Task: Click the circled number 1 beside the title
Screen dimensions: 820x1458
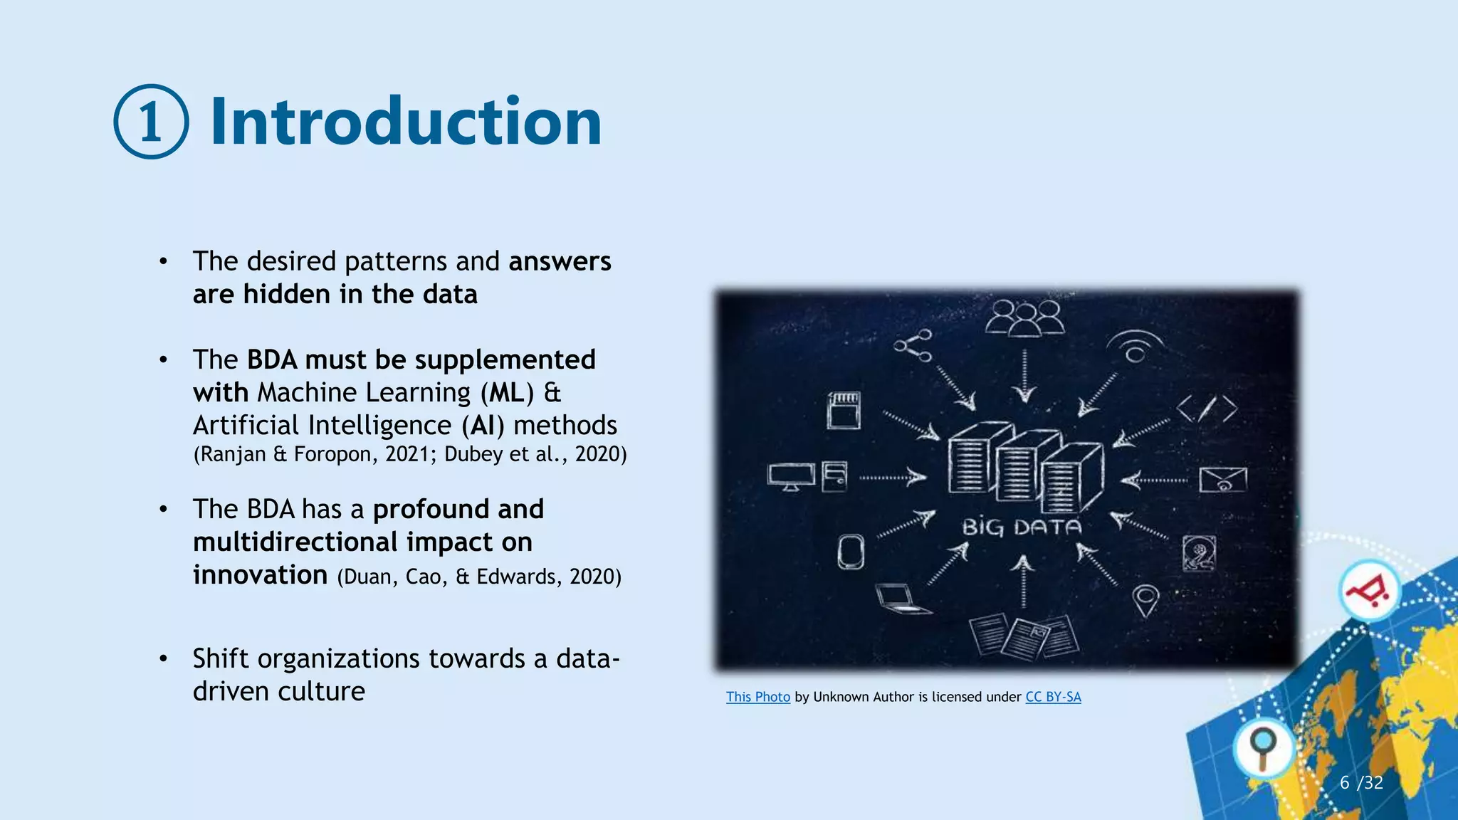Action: (151, 122)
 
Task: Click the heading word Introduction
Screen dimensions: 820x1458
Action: (406, 122)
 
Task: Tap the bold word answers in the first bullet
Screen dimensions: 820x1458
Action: (560, 261)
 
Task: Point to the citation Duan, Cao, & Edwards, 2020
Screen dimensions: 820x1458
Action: (479, 577)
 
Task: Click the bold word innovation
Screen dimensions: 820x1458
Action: (260, 574)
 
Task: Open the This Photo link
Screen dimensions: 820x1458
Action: (757, 697)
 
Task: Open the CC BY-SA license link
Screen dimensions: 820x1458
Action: (1053, 697)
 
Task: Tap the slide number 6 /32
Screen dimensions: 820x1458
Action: (1360, 783)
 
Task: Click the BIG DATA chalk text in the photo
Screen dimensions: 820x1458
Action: (1022, 527)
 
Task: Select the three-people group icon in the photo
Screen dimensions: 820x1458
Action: (1024, 317)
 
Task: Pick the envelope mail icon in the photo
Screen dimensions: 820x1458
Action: (1222, 480)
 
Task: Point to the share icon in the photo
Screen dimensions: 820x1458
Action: (913, 345)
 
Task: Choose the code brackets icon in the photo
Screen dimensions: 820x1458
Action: (1206, 409)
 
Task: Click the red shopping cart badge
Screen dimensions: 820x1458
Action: (1368, 591)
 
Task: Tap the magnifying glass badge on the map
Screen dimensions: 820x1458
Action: (1264, 747)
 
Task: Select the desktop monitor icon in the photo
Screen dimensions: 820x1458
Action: (791, 476)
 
